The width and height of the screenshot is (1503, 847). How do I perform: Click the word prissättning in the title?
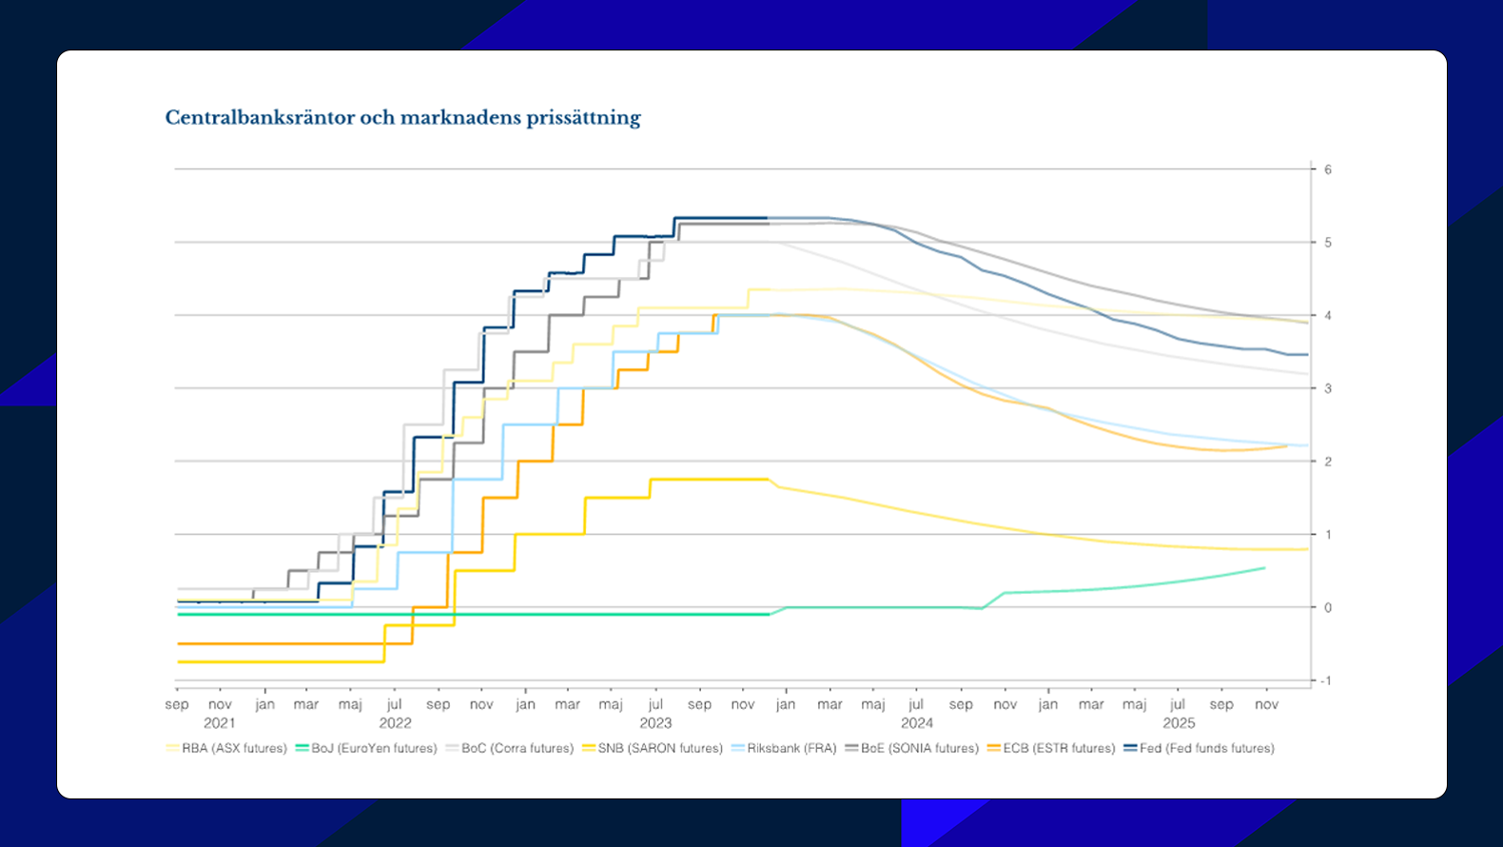point(584,118)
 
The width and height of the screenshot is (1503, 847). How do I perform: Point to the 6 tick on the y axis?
point(1328,169)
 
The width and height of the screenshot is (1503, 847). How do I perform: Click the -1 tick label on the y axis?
point(1326,680)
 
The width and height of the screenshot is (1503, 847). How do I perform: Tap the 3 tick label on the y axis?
point(1328,388)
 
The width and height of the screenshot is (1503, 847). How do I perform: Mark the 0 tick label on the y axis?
point(1328,607)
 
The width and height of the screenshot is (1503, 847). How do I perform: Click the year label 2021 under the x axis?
point(220,723)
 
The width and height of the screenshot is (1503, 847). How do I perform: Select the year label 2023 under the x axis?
point(655,723)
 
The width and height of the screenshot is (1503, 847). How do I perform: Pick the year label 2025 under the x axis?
point(1179,723)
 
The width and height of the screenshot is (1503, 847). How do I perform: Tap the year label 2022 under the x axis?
point(395,723)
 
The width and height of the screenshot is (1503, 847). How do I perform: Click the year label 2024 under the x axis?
point(917,723)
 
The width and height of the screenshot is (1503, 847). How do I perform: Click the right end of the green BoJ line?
point(1264,568)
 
